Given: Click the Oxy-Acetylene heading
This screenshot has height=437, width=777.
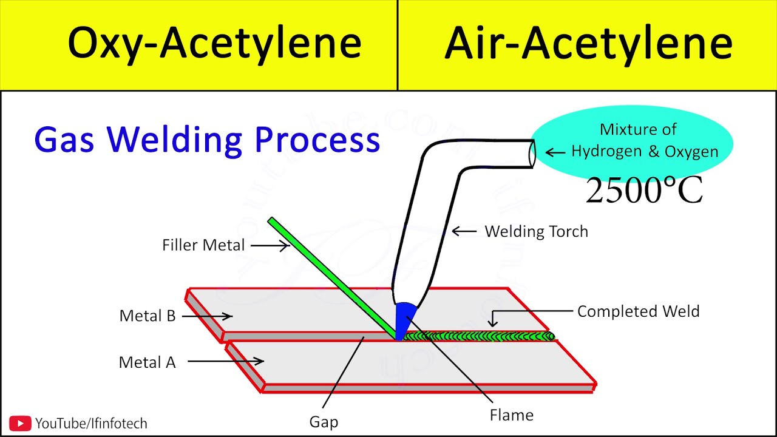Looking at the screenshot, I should pyautogui.click(x=214, y=44).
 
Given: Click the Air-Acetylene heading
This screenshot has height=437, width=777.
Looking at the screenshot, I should pyautogui.click(x=588, y=44).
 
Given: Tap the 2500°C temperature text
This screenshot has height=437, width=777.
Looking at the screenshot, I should pyautogui.click(x=644, y=191).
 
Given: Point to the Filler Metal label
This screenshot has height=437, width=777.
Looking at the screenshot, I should pyautogui.click(x=203, y=245).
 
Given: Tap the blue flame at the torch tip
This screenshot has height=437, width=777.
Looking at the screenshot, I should pyautogui.click(x=404, y=319).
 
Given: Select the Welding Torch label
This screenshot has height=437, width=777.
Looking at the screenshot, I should pyautogui.click(x=536, y=231).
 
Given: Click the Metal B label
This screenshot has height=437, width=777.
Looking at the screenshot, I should pyautogui.click(x=148, y=316).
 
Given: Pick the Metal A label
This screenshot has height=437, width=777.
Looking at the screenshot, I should pyautogui.click(x=147, y=362).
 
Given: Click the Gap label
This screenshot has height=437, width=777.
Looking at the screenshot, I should pyautogui.click(x=324, y=422).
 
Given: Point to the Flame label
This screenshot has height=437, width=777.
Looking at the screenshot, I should pyautogui.click(x=512, y=415).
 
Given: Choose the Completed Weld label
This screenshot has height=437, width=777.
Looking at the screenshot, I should pyautogui.click(x=638, y=311).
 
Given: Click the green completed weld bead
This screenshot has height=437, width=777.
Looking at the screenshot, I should pyautogui.click(x=480, y=336).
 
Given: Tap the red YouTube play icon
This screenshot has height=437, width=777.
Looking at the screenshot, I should pyautogui.click(x=20, y=423).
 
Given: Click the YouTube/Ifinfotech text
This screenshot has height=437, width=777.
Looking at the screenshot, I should pyautogui.click(x=91, y=423).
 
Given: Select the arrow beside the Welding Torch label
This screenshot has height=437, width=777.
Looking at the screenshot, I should pyautogui.click(x=464, y=231).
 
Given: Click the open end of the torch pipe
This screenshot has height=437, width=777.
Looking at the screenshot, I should pyautogui.click(x=532, y=154).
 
